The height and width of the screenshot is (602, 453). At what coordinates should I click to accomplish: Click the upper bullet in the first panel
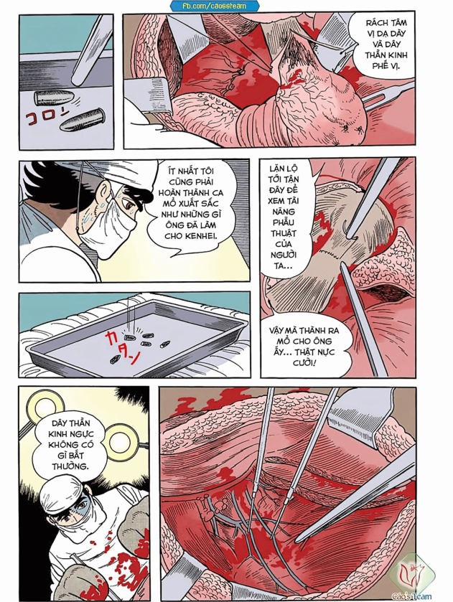point(55,98)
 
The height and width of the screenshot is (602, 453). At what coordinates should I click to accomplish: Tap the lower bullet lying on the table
point(83,120)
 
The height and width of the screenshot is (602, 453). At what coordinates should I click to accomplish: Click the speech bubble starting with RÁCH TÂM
point(385,45)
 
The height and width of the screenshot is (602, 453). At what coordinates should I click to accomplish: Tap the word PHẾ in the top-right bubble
point(380,65)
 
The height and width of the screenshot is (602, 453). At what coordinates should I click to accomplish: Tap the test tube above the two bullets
point(91,50)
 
